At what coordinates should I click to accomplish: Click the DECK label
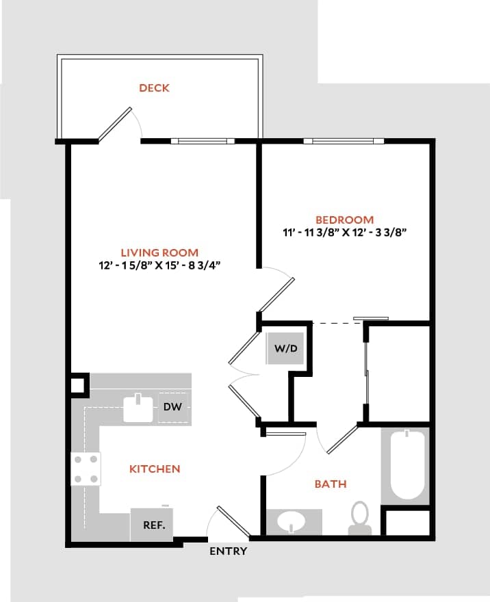[154, 88]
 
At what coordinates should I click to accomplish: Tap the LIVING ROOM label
[159, 252]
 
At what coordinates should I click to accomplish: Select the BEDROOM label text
[345, 220]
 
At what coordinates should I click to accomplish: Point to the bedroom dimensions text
[345, 233]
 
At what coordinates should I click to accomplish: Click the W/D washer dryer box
[286, 348]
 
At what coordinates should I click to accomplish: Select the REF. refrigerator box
[152, 525]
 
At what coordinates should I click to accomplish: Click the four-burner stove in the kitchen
[86, 469]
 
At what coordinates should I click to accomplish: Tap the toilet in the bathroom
[359, 518]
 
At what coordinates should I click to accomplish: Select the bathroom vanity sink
[294, 522]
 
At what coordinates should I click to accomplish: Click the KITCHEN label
[155, 469]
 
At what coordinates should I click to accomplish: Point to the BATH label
[330, 484]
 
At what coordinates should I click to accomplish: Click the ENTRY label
[228, 551]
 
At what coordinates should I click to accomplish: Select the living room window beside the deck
[203, 142]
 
